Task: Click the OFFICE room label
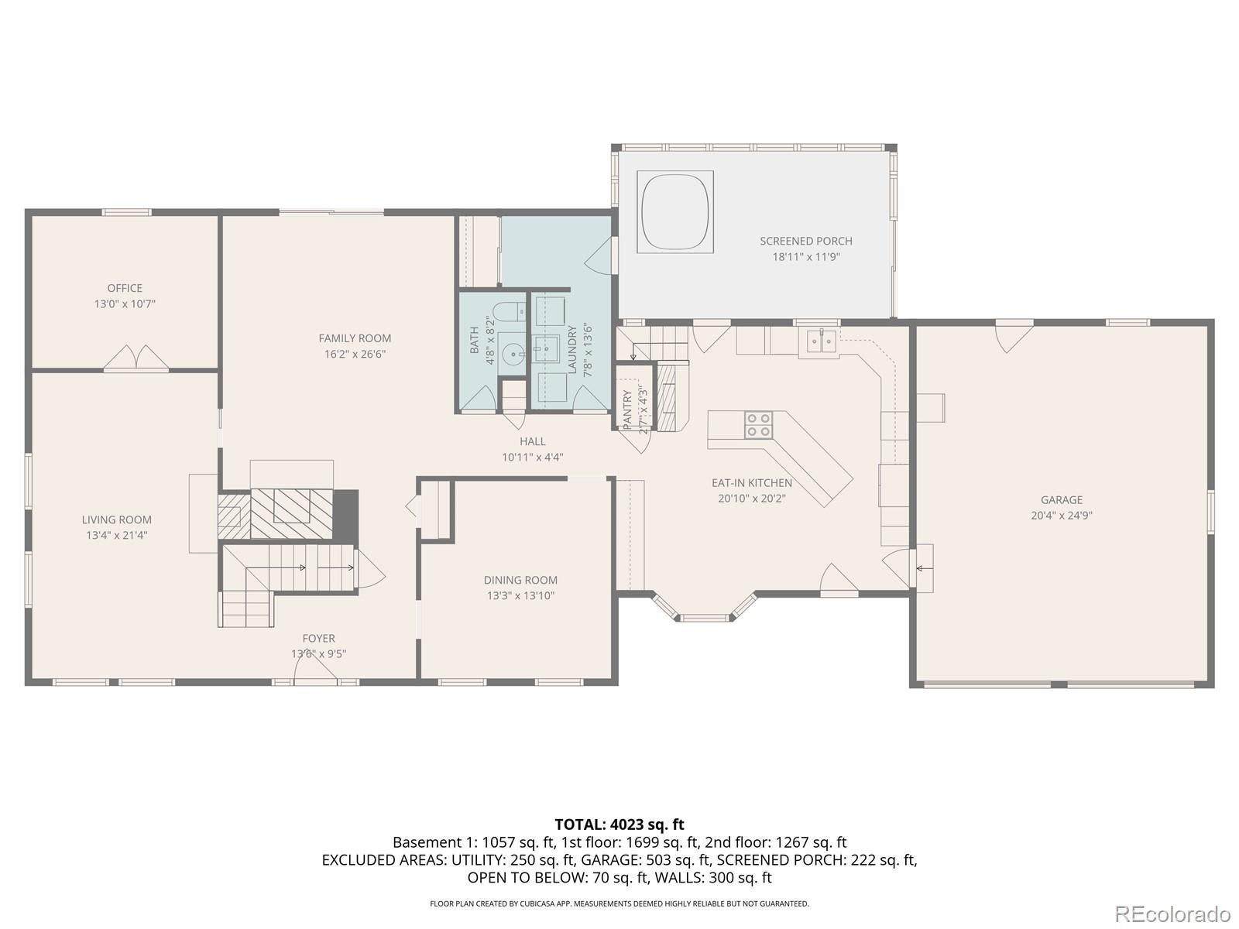coord(125,288)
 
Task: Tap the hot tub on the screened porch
coord(674,211)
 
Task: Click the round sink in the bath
coord(512,355)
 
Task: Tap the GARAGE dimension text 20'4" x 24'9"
coord(1061,516)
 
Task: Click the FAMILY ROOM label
coord(355,338)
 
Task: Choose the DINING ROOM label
coord(520,580)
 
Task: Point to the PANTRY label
coord(627,408)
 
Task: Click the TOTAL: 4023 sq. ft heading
coord(619,824)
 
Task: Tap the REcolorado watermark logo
coord(1176,914)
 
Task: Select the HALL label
coord(532,441)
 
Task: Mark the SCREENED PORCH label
coord(805,241)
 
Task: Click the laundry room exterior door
coord(601,255)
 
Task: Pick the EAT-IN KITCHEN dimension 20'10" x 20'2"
coord(751,499)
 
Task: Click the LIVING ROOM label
coord(117,519)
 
